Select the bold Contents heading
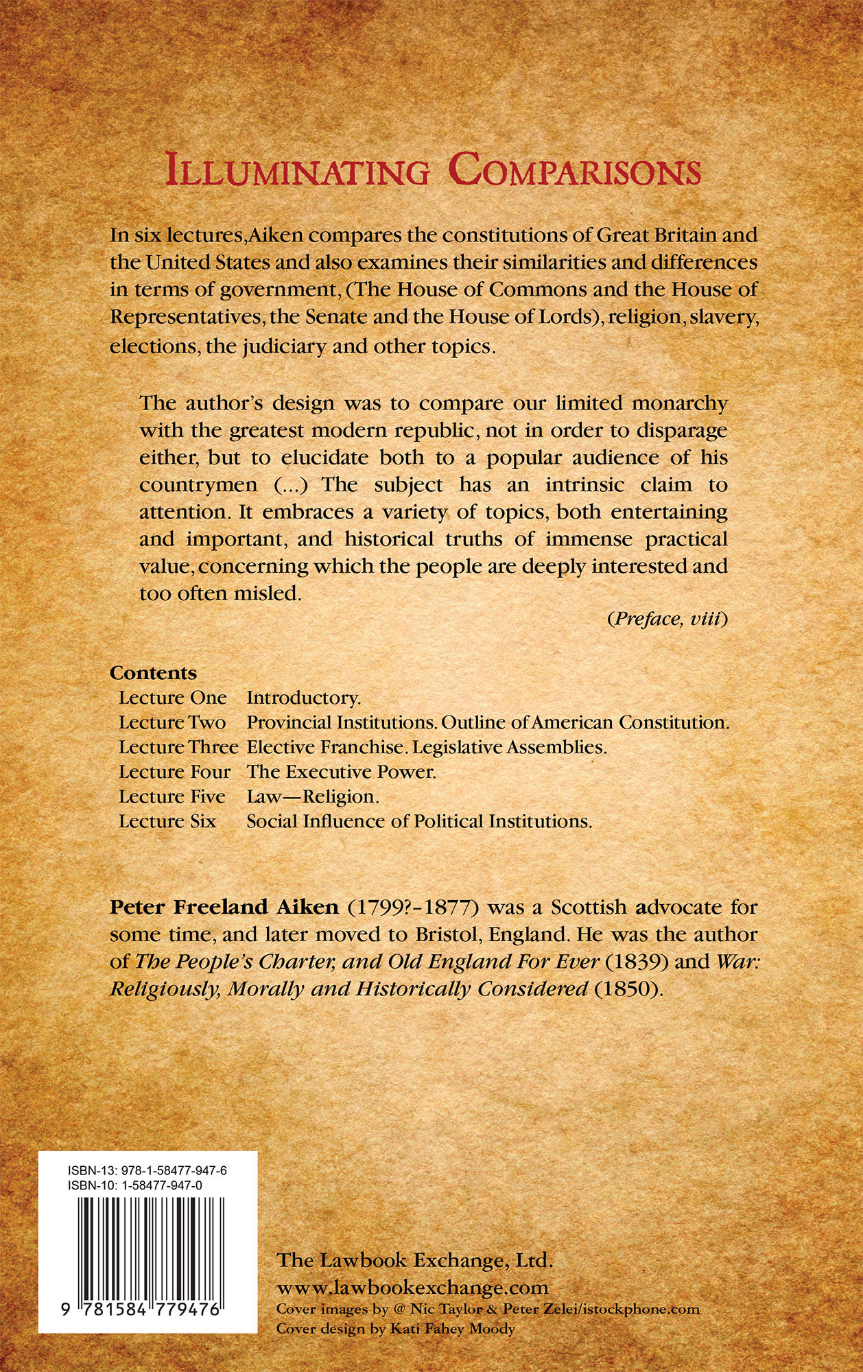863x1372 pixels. click(154, 673)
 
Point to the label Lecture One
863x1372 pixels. click(172, 698)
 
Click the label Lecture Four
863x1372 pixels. click(174, 772)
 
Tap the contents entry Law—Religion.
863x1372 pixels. click(313, 796)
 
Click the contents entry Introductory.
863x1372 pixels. click(303, 698)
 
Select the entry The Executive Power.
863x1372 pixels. click(341, 772)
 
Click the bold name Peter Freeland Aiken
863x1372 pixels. click(224, 907)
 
